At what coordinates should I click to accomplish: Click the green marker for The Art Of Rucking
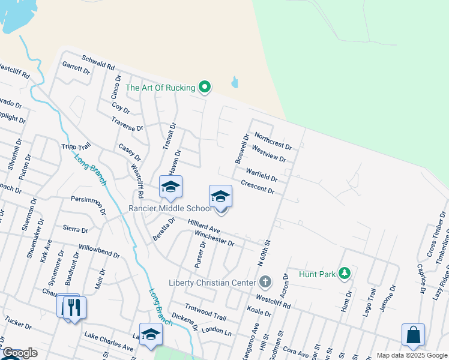[205, 88]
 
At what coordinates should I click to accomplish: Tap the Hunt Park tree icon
[344, 274]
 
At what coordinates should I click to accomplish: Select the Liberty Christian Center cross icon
[265, 282]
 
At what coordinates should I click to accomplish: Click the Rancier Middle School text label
[170, 208]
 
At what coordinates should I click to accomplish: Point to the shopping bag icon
[414, 335]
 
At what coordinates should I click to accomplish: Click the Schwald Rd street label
[98, 65]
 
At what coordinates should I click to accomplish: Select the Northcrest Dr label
[273, 141]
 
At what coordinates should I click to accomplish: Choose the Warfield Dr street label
[261, 175]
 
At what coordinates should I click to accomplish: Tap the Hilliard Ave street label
[204, 226]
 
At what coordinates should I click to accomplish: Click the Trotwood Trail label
[205, 313]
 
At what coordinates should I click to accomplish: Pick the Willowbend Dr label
[99, 250]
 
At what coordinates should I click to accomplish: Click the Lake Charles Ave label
[109, 342]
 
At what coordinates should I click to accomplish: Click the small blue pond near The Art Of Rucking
[235, 82]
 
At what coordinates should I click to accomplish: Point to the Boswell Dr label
[241, 149]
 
